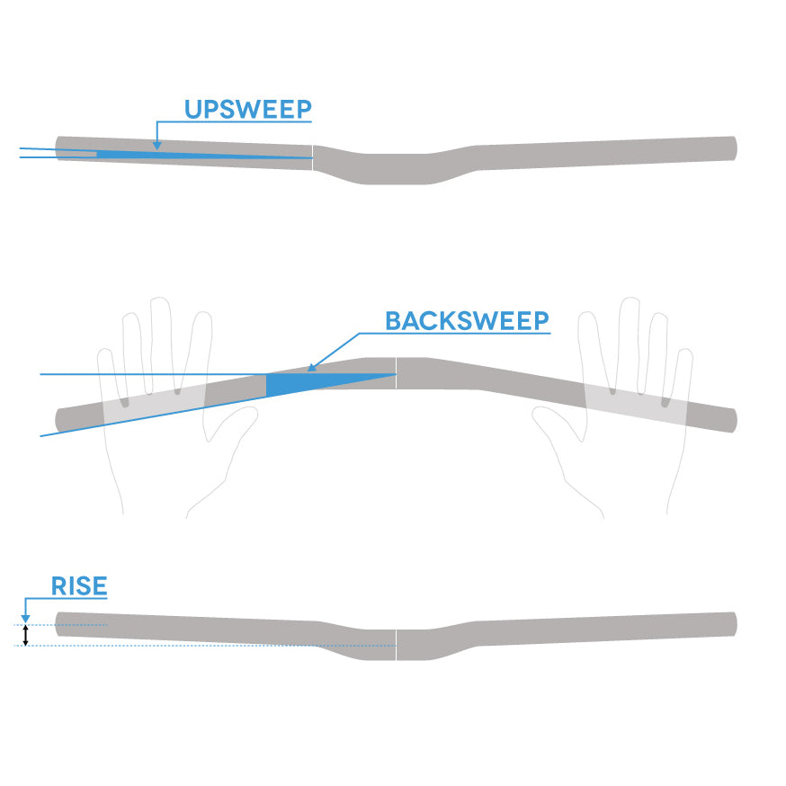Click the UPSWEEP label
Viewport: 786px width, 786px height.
coord(247,110)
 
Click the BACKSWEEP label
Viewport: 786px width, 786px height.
coord(467,321)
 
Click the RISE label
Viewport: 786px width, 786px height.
coord(79,586)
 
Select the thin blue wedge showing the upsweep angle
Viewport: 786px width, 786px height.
coord(180,155)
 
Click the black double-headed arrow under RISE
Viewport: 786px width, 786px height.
coord(25,635)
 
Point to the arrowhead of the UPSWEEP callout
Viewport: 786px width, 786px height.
coord(156,146)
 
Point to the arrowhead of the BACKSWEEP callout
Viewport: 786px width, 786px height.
coord(311,367)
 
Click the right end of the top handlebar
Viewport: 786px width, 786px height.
coord(733,147)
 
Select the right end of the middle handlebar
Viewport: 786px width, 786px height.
coord(732,420)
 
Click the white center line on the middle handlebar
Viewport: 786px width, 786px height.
coord(397,373)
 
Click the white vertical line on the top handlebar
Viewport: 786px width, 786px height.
coord(312,156)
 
